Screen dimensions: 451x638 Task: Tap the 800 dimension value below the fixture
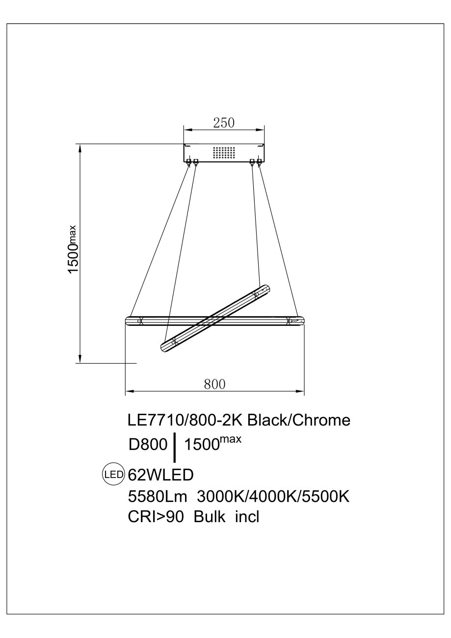coord(214,384)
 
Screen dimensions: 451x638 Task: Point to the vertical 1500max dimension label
coord(73,249)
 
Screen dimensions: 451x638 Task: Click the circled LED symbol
coord(113,474)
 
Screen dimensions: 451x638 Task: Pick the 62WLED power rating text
coord(161,475)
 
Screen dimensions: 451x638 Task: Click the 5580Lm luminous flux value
coord(158,497)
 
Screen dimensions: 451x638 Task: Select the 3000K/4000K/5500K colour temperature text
coord(273,497)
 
